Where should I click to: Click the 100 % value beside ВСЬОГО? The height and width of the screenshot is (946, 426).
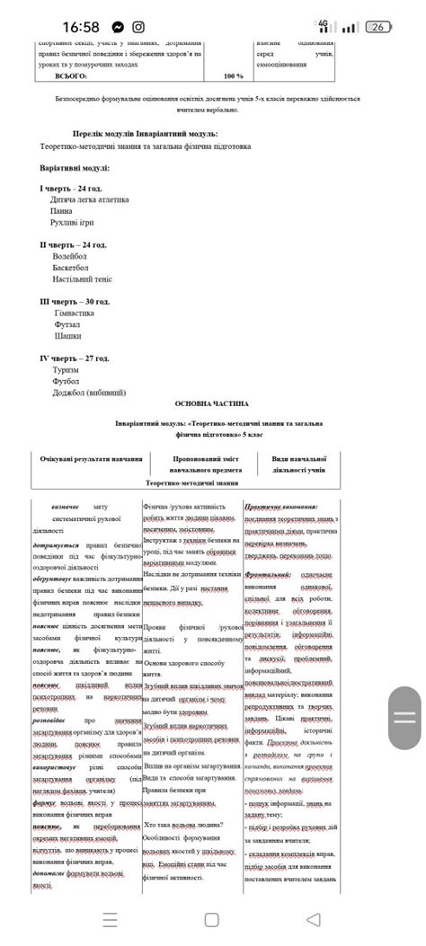tap(233, 76)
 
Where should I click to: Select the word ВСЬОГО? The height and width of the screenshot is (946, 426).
tap(71, 76)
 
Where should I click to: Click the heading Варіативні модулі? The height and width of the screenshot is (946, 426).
tap(75, 167)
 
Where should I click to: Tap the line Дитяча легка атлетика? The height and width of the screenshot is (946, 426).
tap(90, 199)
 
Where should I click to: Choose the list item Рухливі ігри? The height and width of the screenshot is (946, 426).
tap(72, 222)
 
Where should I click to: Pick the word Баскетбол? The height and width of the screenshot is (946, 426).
tap(73, 267)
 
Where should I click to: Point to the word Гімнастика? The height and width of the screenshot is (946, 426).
tap(75, 313)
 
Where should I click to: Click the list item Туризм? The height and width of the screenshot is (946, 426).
tap(67, 369)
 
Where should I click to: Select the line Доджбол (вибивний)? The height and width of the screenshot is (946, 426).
tap(89, 392)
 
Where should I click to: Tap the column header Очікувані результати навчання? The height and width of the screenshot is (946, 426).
tap(91, 458)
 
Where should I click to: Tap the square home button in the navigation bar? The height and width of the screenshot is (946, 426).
tap(211, 919)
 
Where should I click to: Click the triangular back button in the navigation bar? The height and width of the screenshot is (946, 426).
tap(313, 919)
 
